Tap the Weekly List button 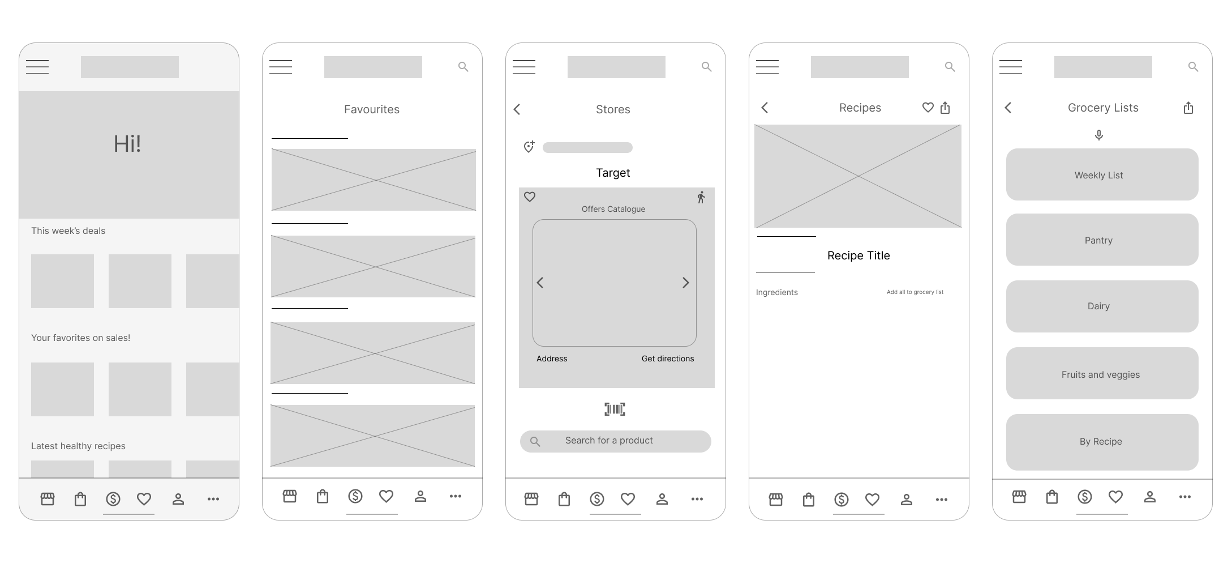1102,174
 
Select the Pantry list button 1102,240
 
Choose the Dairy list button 1102,306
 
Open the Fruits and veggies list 1102,373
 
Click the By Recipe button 1102,442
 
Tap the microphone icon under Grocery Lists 1098,135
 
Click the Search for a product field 615,441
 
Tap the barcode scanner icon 615,409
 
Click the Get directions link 668,359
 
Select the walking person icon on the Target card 701,197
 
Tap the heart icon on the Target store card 530,197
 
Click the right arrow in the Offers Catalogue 686,283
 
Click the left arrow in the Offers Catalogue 540,283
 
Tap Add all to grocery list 915,292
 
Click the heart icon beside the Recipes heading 928,107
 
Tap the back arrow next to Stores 517,109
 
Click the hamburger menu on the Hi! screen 37,67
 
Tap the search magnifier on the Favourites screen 463,67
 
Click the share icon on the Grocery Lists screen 1188,108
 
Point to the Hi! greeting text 127,144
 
